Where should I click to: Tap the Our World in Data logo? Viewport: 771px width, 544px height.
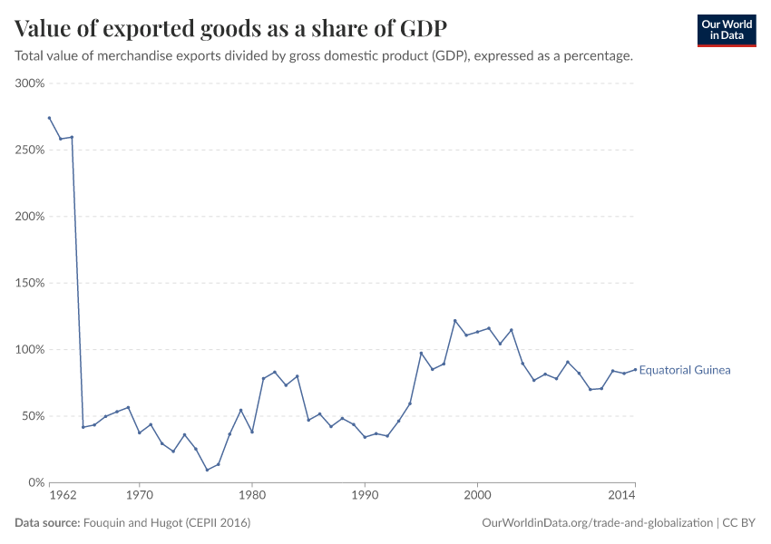pyautogui.click(x=726, y=30)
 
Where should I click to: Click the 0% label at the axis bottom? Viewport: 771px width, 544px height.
pyautogui.click(x=35, y=482)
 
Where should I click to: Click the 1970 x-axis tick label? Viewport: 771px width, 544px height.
pyautogui.click(x=139, y=496)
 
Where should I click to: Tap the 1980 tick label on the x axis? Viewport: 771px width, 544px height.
pyautogui.click(x=251, y=496)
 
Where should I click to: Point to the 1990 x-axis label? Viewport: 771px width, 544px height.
pyautogui.click(x=364, y=496)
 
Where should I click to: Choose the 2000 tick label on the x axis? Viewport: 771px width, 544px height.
pyautogui.click(x=477, y=496)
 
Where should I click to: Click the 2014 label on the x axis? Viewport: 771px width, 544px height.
pyautogui.click(x=621, y=496)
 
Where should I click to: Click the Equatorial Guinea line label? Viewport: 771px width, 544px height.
pyautogui.click(x=685, y=370)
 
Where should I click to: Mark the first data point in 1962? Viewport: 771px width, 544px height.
pyautogui.click(x=49, y=118)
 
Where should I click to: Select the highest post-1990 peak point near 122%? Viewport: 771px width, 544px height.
pyautogui.click(x=454, y=321)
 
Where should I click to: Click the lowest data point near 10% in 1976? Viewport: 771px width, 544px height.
pyautogui.click(x=207, y=470)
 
